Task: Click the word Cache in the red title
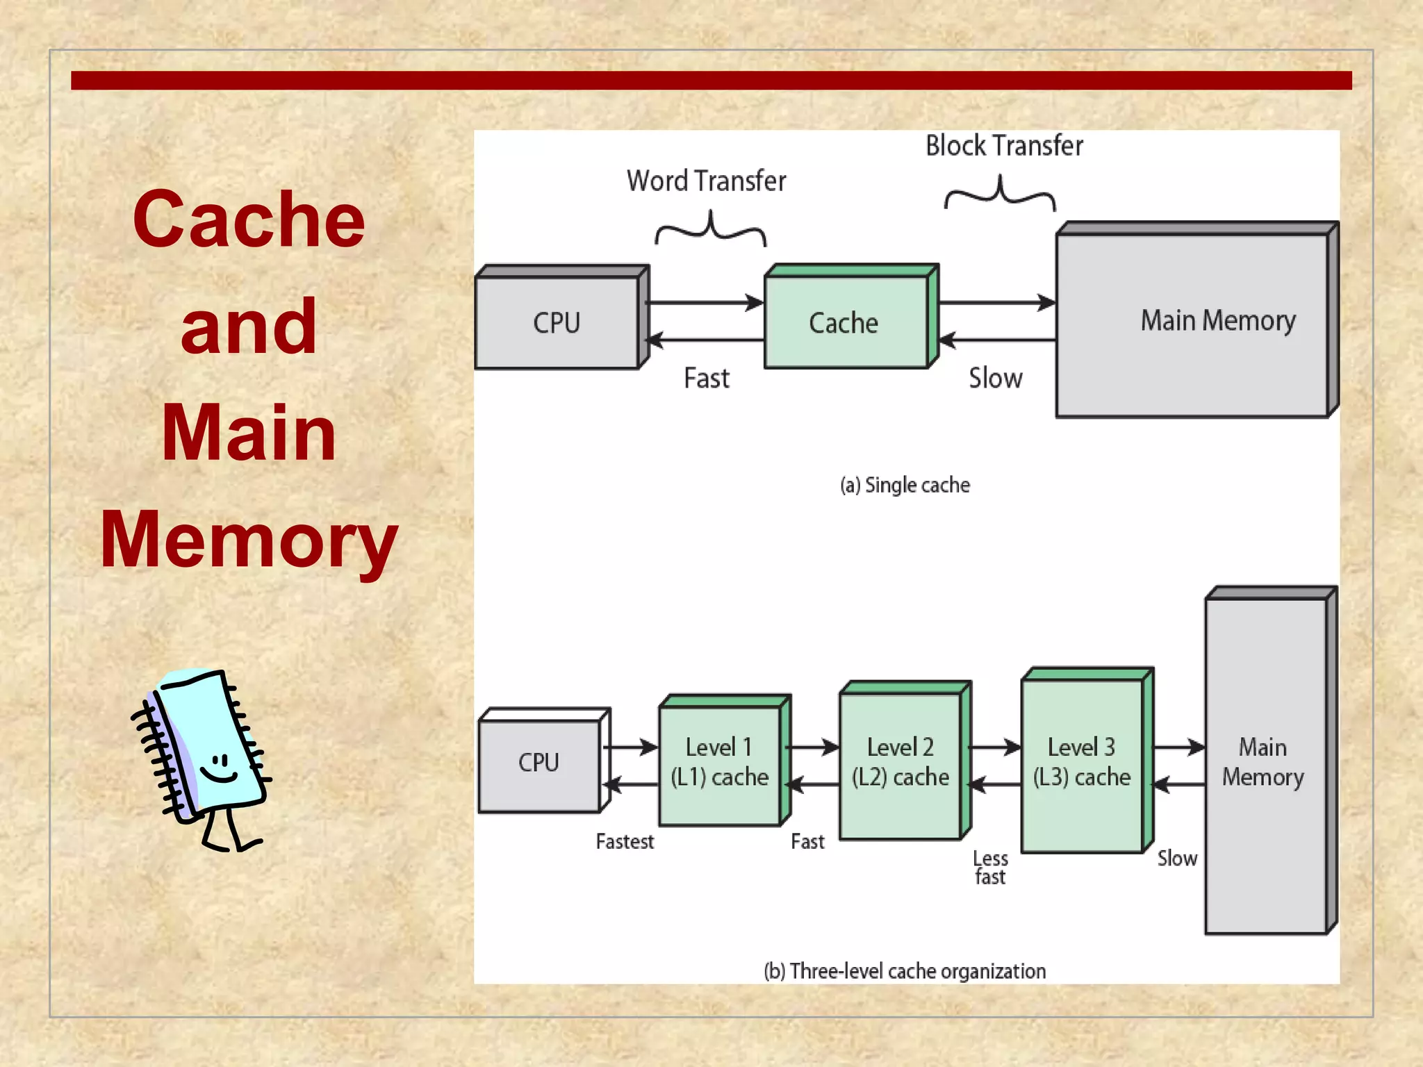(249, 220)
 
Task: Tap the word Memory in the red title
(249, 540)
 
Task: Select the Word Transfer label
(706, 181)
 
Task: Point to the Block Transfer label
(1004, 146)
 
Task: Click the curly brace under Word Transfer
(710, 231)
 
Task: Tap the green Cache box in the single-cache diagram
(845, 322)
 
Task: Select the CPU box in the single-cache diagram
(557, 322)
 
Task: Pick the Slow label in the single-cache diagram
(995, 379)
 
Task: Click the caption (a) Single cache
(905, 485)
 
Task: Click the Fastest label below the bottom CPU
(625, 842)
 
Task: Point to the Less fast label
(990, 868)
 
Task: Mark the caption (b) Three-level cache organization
(905, 971)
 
